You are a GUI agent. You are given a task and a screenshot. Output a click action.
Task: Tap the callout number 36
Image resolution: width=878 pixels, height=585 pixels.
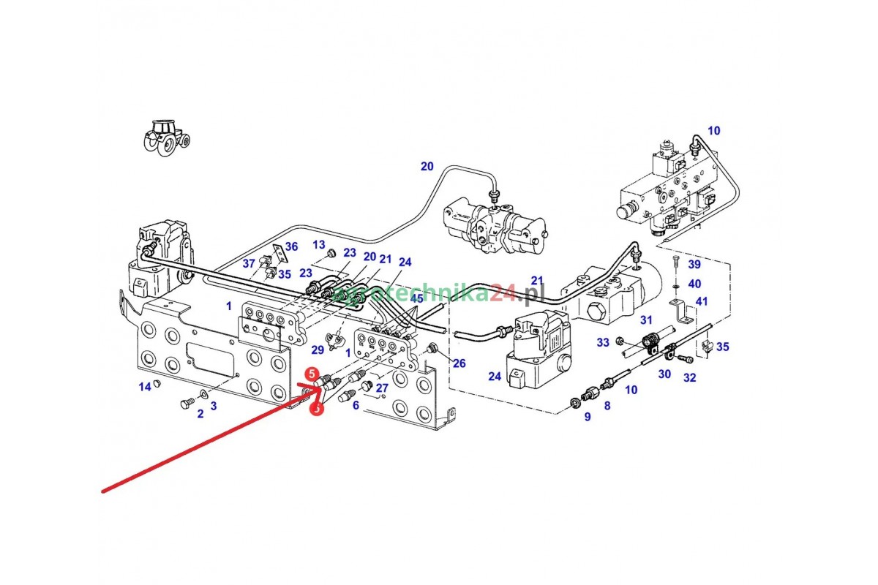click(x=291, y=246)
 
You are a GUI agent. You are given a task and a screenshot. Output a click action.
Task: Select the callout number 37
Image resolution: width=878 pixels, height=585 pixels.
click(x=249, y=263)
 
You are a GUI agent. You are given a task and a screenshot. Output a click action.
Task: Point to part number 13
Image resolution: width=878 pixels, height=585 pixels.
click(x=319, y=244)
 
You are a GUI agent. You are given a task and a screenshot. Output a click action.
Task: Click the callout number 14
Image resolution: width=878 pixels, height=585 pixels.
click(x=145, y=386)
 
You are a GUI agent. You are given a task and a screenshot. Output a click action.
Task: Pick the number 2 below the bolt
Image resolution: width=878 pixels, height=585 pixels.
click(x=200, y=414)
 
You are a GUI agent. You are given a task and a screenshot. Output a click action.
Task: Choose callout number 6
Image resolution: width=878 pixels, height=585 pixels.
click(x=356, y=404)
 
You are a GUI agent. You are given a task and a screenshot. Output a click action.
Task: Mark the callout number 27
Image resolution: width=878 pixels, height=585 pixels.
click(x=382, y=388)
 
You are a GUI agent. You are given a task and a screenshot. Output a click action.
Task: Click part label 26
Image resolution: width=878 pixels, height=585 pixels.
click(x=459, y=363)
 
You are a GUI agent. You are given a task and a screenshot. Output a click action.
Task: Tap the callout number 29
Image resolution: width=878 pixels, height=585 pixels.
click(x=317, y=350)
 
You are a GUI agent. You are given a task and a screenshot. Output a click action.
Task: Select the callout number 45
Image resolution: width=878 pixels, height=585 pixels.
click(x=416, y=298)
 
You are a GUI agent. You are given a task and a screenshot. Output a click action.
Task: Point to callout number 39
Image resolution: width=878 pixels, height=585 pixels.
click(x=694, y=264)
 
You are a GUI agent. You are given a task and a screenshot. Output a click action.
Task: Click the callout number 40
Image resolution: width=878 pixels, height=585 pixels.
click(x=694, y=283)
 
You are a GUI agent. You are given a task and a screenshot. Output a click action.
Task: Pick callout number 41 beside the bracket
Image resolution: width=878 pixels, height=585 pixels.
click(x=702, y=301)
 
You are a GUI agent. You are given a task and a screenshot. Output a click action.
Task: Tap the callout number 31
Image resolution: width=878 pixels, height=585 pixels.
click(x=645, y=320)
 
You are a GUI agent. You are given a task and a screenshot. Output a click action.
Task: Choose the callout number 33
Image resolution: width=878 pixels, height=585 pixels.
click(x=603, y=341)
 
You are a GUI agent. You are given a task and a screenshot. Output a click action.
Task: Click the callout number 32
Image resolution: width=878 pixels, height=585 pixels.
click(x=689, y=378)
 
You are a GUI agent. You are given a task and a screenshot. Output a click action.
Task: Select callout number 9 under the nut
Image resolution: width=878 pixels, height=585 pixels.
click(x=587, y=417)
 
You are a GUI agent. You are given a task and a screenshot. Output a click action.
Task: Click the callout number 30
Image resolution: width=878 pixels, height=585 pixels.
click(x=664, y=374)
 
